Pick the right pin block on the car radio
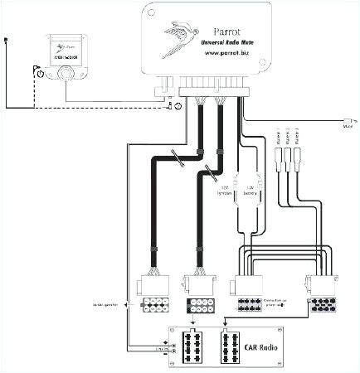[x=232, y=342]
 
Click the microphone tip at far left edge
[x=5, y=39]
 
